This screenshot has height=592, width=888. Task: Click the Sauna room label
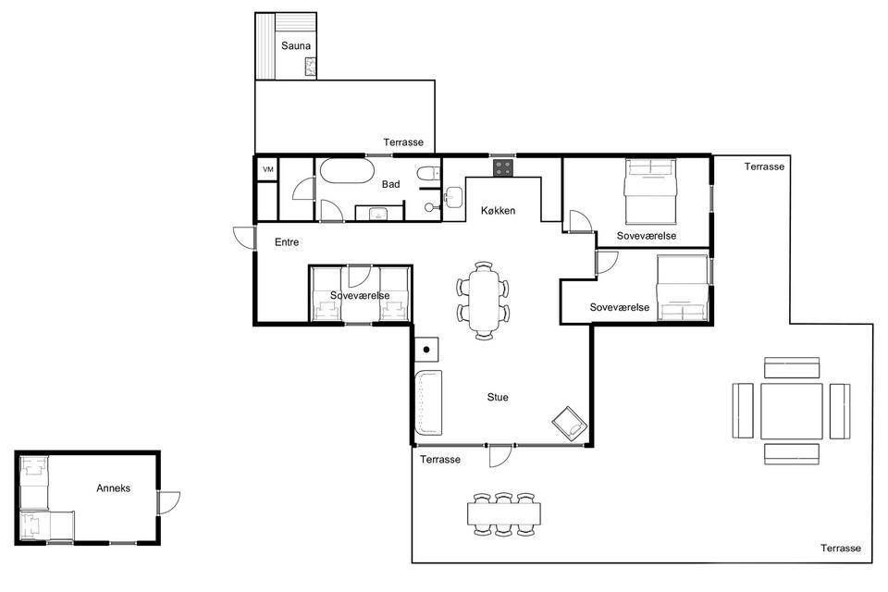tap(296, 46)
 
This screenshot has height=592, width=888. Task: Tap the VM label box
tap(268, 169)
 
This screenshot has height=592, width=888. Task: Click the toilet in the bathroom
tap(427, 172)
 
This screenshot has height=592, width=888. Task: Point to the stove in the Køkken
tap(503, 167)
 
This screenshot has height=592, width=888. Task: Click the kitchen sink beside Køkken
tap(453, 197)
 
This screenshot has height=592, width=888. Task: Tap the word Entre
tap(287, 242)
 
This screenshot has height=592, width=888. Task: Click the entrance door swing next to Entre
tap(244, 238)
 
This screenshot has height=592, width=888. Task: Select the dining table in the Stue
tap(484, 301)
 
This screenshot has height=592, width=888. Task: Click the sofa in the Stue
tap(428, 402)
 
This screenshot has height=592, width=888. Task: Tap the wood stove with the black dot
tap(426, 350)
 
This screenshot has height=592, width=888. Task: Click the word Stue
tap(498, 397)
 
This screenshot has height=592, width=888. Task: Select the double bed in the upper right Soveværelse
tap(650, 191)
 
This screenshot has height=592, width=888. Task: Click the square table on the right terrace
tap(791, 411)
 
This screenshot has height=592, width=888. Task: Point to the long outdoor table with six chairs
tap(503, 513)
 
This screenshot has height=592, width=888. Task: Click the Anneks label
tap(113, 487)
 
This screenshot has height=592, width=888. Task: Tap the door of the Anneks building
tap(168, 503)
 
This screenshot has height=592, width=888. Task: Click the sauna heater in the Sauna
tap(310, 68)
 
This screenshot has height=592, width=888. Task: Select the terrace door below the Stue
tap(500, 455)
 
